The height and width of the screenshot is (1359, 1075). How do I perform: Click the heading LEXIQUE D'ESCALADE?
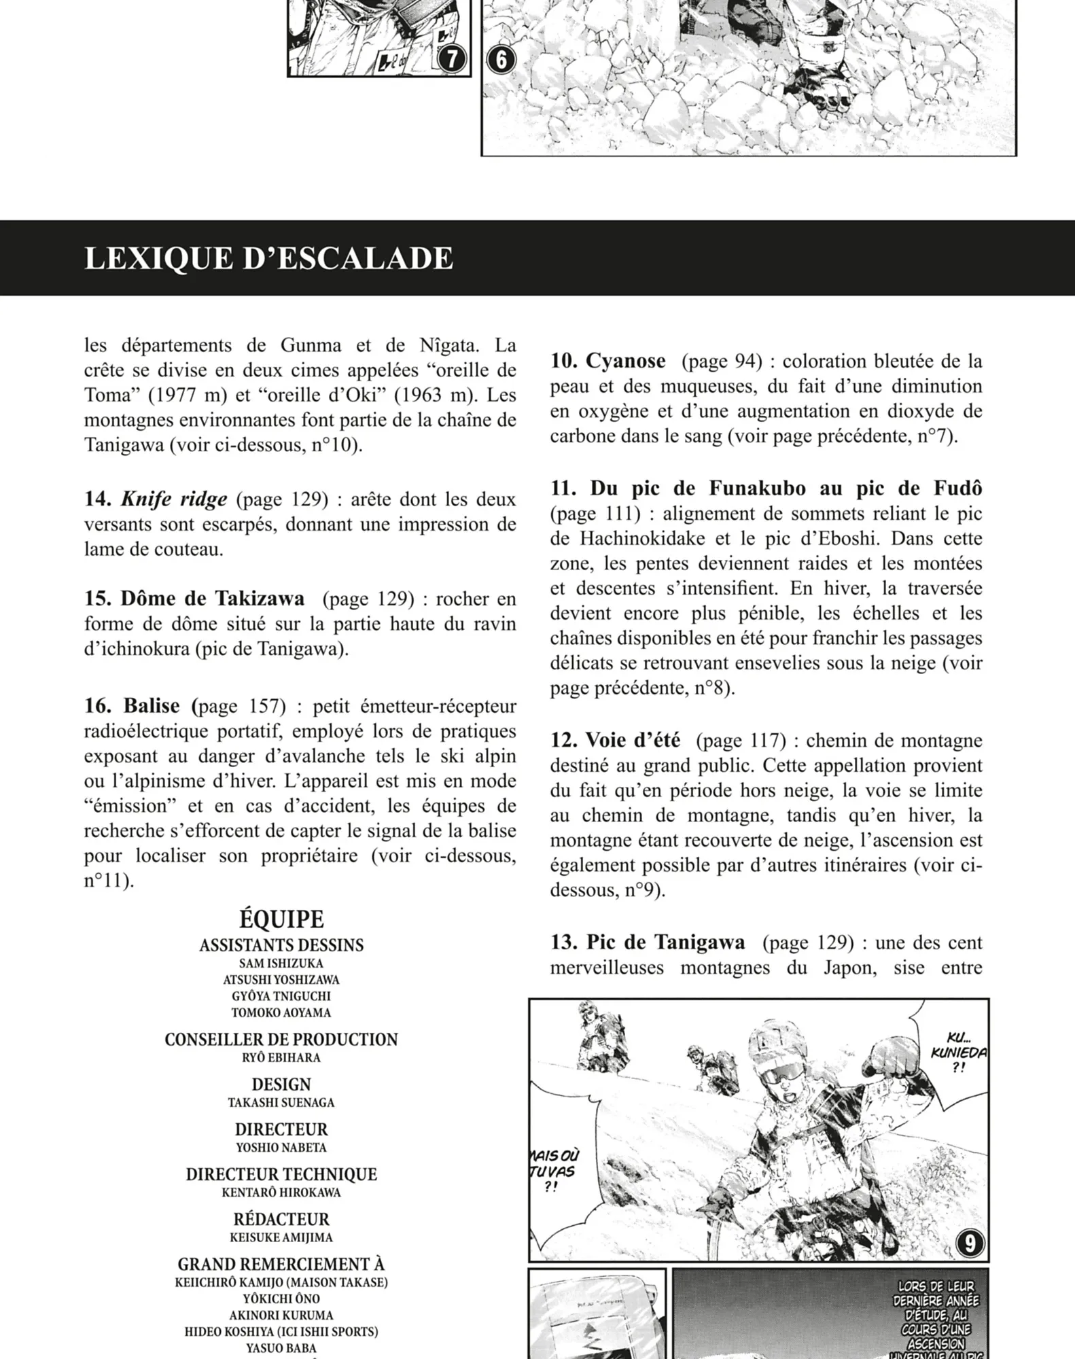[268, 259]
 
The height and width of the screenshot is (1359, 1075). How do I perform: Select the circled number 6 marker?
[501, 60]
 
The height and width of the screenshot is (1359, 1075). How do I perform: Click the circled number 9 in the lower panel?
[969, 1243]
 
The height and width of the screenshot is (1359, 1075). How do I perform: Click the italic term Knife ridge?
[174, 499]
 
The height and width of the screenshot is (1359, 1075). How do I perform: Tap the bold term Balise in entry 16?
[151, 706]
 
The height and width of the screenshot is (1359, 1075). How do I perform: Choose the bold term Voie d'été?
[633, 741]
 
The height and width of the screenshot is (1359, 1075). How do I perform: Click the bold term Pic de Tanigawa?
[665, 942]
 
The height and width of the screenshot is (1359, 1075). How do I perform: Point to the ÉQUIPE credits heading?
[281, 919]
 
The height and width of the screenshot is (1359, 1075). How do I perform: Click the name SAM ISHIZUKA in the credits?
[281, 964]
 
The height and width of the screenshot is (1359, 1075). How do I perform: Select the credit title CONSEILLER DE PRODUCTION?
[281, 1040]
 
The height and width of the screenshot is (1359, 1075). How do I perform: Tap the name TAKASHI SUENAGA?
[281, 1102]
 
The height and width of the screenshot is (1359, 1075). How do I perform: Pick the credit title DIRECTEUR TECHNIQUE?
[281, 1174]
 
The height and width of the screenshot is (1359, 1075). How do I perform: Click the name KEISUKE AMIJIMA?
[281, 1237]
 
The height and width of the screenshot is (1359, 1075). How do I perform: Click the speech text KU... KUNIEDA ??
[958, 1052]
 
